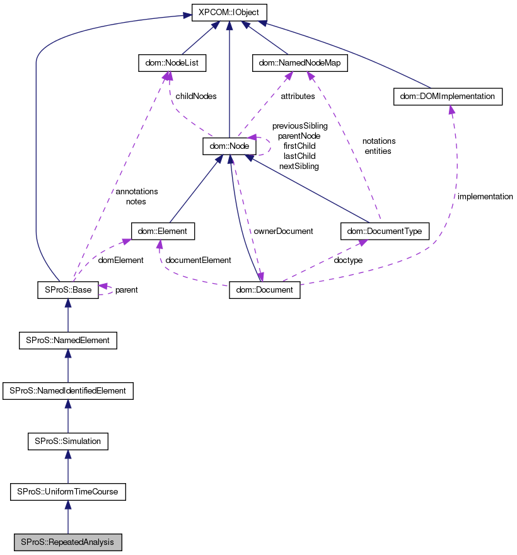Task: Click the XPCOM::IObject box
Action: click(229, 13)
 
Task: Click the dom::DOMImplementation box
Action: click(448, 96)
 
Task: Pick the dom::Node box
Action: click(229, 146)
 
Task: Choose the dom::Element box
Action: click(163, 231)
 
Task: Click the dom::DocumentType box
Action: click(385, 231)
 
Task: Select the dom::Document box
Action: click(264, 290)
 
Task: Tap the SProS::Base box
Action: click(67, 290)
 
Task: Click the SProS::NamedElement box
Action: click(67, 341)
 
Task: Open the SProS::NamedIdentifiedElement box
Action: click(67, 391)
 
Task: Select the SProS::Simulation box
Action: click(67, 441)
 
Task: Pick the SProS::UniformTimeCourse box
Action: click(67, 491)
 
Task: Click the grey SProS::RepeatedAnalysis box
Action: click(67, 542)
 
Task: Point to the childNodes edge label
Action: click(195, 96)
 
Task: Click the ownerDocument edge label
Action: click(283, 231)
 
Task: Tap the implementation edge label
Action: click(485, 197)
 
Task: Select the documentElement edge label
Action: click(197, 260)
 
